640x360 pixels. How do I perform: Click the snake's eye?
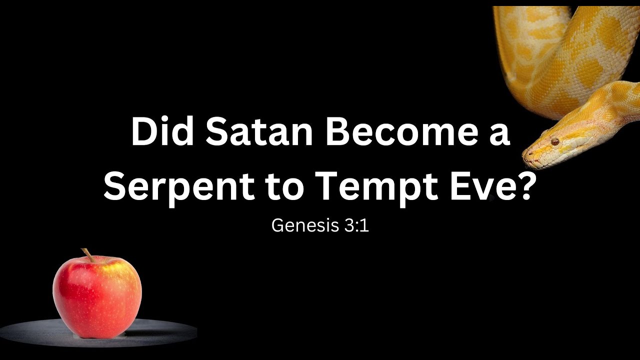coord(554,142)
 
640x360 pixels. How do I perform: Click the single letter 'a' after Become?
coord(498,136)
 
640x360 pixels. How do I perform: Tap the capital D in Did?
coord(143,133)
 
